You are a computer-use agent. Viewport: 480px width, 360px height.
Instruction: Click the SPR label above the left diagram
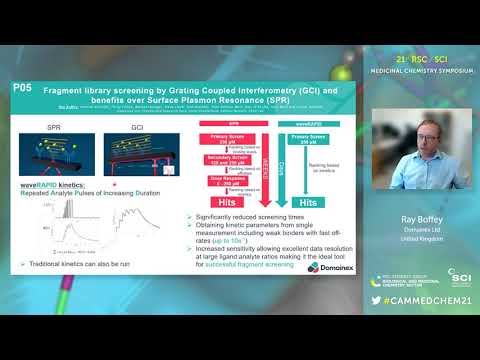coord(56,130)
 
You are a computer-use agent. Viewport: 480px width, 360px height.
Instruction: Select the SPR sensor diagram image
coord(57,157)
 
